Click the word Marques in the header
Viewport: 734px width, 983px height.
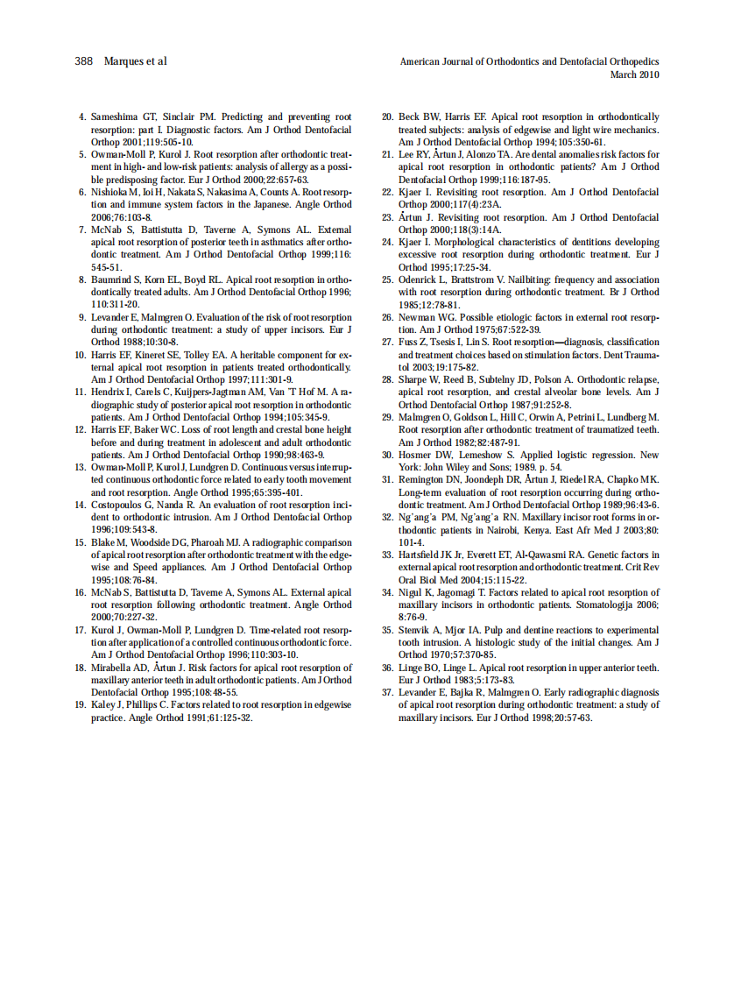pos(124,61)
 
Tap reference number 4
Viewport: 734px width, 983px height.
pos(82,117)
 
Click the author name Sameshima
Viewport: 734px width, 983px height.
pos(116,117)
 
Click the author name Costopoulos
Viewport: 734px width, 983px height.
pos(121,506)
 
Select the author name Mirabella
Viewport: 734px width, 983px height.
pos(115,668)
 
